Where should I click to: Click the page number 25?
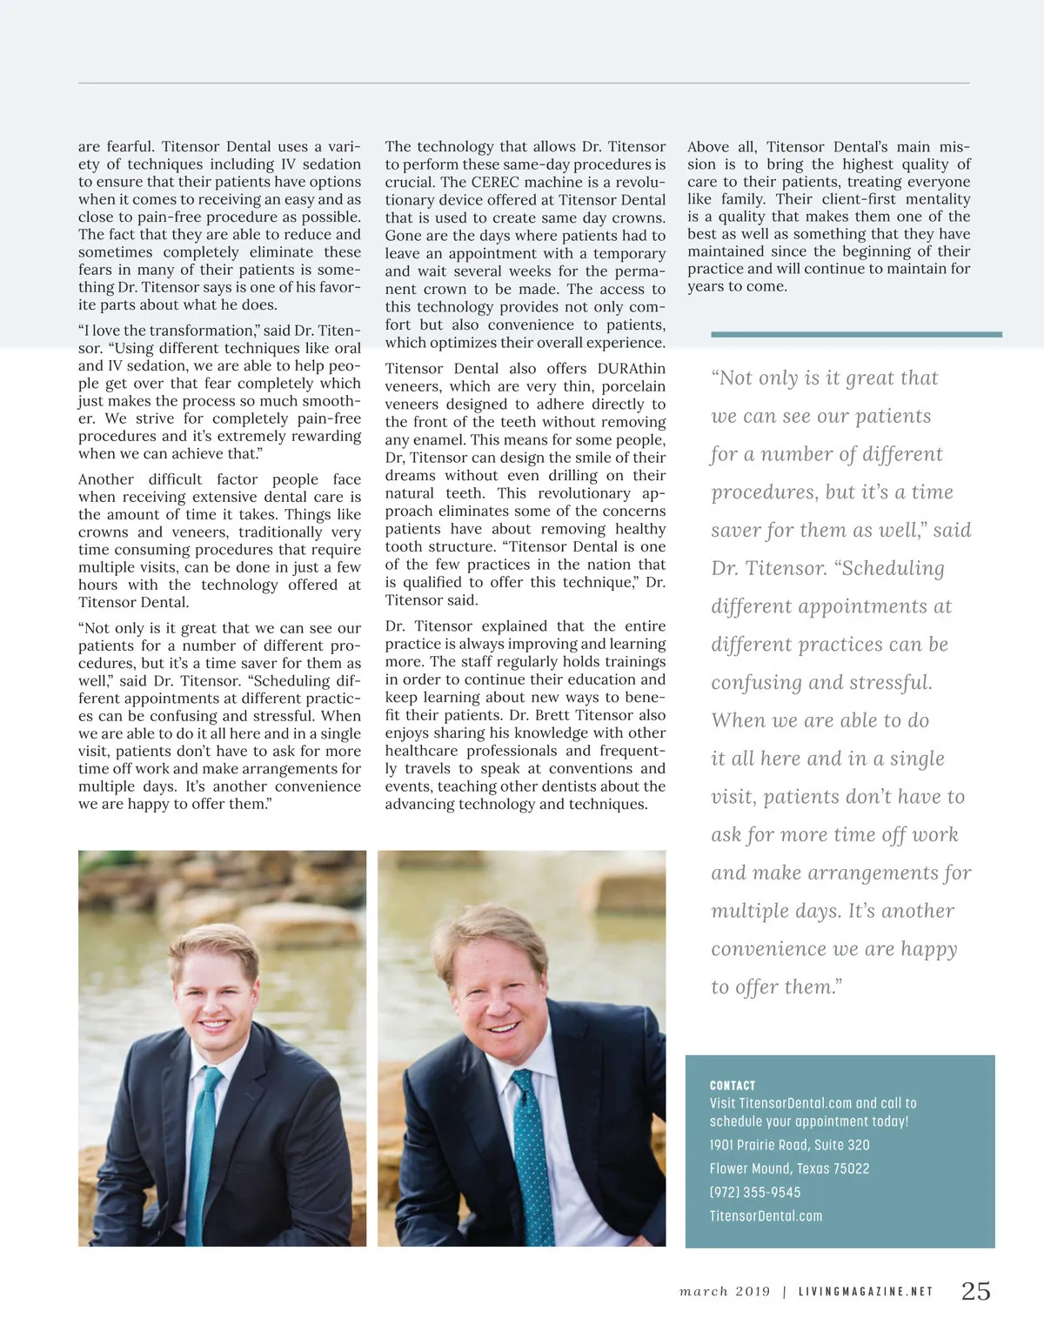point(975,1291)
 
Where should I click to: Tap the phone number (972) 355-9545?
point(754,1192)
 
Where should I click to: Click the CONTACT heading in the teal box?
point(733,1085)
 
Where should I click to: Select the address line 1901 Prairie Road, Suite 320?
point(789,1145)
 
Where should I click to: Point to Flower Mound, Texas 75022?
point(789,1168)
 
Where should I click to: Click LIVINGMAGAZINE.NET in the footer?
point(866,1292)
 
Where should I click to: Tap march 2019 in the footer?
point(725,1292)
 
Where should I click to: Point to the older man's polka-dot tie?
point(532,1157)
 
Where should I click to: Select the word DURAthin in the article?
point(631,369)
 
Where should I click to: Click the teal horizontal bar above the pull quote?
point(856,334)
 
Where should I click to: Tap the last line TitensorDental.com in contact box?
point(766,1216)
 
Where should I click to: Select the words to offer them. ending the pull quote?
point(776,987)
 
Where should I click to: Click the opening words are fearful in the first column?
point(115,147)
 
